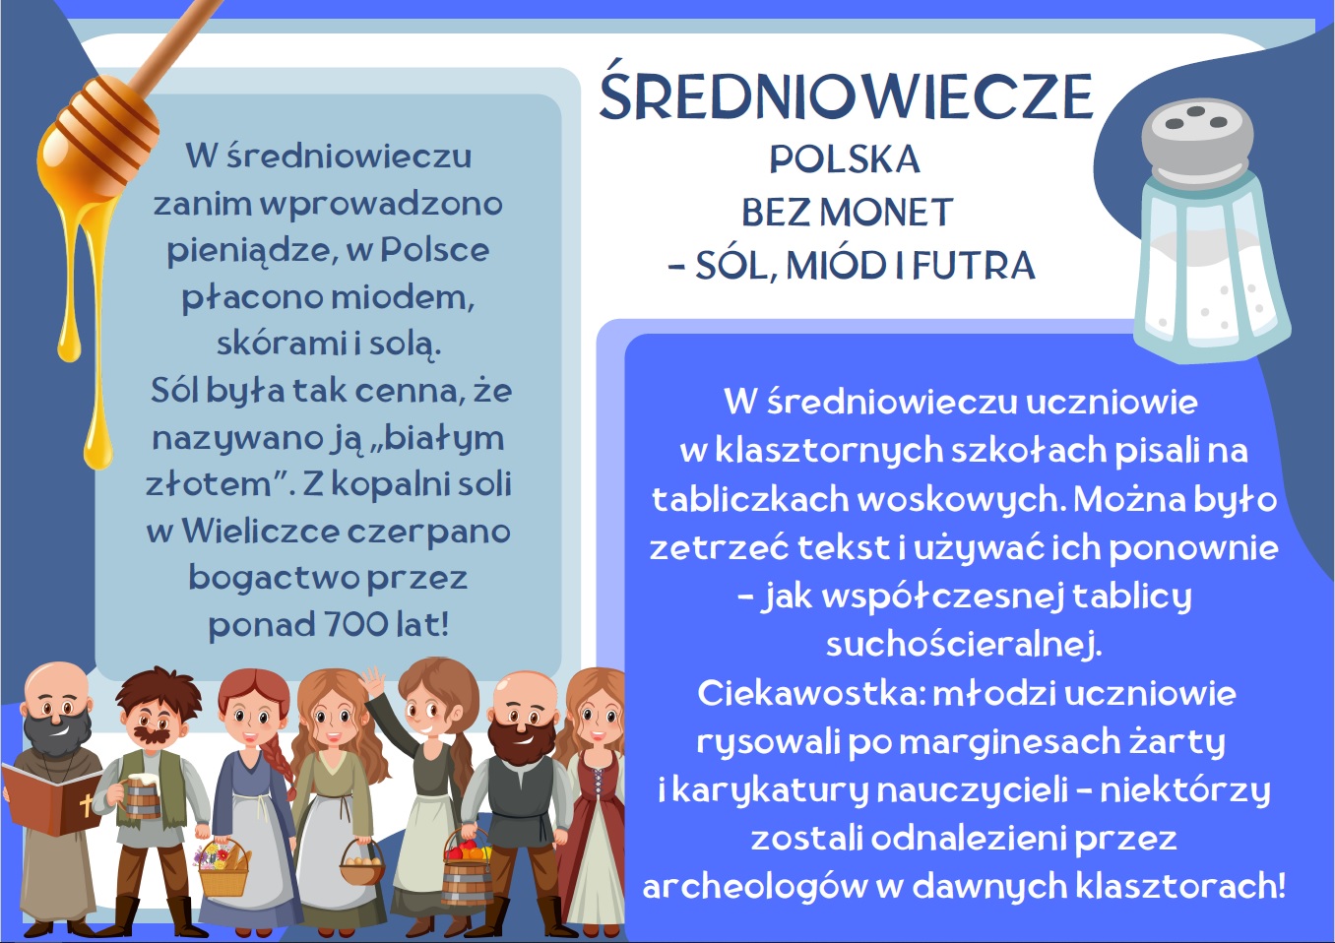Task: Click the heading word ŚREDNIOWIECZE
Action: click(x=846, y=95)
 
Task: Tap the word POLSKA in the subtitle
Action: click(x=845, y=159)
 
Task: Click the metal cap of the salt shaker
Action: click(x=1196, y=143)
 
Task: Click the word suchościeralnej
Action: click(x=964, y=645)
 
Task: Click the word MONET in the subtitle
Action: click(x=886, y=213)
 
